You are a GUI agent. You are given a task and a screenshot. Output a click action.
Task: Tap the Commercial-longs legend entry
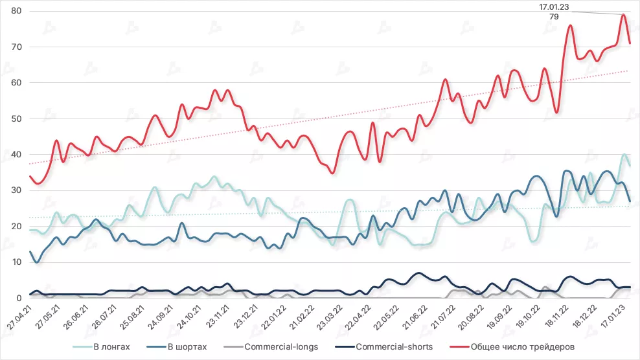point(280,347)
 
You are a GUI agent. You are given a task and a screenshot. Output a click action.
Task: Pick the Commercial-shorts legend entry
point(394,347)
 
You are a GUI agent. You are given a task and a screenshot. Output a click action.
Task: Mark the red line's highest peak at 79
point(623,14)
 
